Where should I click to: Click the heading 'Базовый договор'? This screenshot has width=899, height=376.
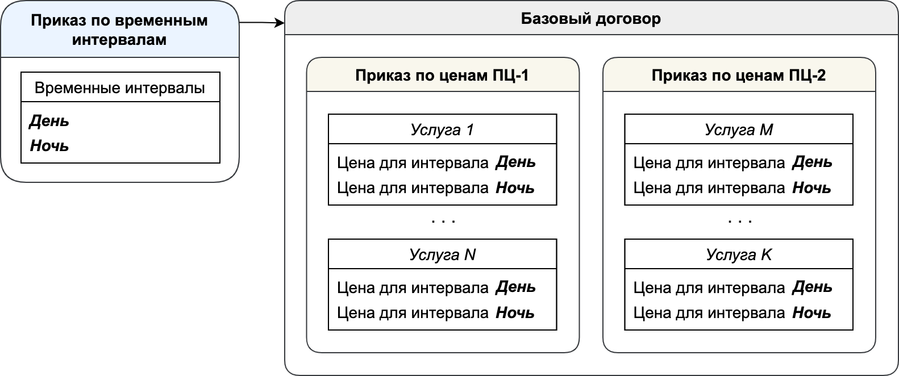(x=591, y=18)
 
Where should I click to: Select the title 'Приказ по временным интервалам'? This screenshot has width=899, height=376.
(x=119, y=30)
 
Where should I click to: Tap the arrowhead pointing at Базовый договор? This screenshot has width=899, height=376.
(x=280, y=23)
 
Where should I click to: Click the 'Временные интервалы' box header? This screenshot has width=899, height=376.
(x=120, y=87)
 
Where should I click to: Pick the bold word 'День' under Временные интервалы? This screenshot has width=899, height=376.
(x=49, y=121)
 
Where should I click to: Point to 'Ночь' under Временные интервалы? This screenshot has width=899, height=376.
(x=49, y=145)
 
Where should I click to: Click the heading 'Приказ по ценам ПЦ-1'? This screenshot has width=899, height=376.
(x=442, y=76)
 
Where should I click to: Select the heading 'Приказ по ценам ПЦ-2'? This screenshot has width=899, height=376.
(x=739, y=76)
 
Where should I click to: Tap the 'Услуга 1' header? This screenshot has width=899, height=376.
(x=442, y=129)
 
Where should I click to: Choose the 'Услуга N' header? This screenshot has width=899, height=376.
(x=442, y=254)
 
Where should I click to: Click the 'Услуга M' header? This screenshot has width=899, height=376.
(x=739, y=129)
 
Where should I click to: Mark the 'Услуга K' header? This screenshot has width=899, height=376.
(x=739, y=254)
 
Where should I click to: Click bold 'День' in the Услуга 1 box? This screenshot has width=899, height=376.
(x=516, y=162)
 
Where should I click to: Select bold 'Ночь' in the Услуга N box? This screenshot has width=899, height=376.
(x=515, y=312)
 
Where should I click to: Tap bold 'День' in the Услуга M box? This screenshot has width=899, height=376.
(x=812, y=162)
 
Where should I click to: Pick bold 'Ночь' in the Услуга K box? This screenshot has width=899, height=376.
(x=811, y=312)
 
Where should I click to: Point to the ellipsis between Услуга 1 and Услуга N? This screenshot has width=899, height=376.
(x=443, y=221)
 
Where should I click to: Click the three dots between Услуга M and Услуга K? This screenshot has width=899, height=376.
(x=740, y=221)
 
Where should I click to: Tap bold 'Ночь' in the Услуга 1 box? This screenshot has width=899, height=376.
(x=515, y=188)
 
